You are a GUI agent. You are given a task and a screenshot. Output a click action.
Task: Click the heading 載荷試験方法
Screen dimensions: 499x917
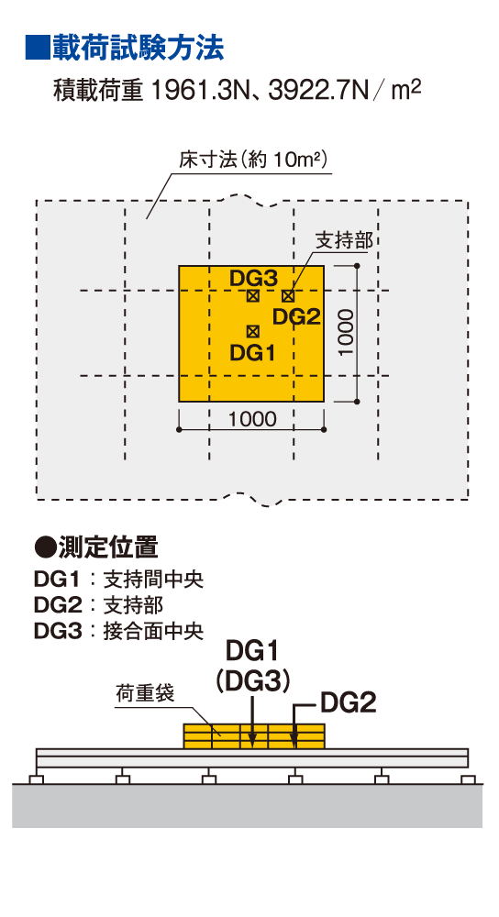(139, 48)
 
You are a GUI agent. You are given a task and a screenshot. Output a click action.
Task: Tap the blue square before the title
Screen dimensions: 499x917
(38, 48)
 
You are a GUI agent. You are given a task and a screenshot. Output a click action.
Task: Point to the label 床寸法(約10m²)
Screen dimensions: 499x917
(252, 160)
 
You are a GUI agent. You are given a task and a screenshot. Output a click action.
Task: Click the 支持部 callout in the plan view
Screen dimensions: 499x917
(343, 239)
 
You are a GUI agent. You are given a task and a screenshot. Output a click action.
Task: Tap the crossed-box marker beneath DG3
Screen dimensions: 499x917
(253, 296)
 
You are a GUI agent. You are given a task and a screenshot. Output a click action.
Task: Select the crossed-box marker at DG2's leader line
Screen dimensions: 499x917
(287, 296)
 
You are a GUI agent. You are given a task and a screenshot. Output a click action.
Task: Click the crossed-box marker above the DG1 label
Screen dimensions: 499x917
(253, 332)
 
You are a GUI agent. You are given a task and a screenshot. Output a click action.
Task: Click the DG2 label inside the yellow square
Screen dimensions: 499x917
(296, 317)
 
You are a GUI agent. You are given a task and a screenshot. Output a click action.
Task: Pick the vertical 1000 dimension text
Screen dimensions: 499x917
(346, 332)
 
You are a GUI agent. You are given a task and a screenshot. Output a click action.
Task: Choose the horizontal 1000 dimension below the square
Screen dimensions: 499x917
(252, 419)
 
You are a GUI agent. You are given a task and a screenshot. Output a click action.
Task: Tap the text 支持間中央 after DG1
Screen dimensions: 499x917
(153, 580)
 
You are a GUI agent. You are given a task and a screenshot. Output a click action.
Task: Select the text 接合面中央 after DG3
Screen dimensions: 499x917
(153, 632)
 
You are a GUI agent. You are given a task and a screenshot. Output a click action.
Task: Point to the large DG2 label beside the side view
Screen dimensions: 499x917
(348, 703)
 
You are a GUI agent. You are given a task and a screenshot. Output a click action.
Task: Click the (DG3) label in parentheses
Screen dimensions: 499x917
(253, 680)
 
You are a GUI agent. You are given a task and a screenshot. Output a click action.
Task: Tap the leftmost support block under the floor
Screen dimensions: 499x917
(37, 779)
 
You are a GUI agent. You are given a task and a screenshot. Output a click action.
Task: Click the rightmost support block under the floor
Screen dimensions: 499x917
(468, 779)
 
